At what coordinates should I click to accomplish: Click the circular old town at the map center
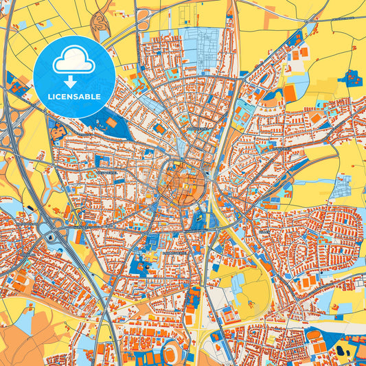(x=182, y=183)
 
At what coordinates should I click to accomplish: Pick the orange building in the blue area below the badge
(x=110, y=123)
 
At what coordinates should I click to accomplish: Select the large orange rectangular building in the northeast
(x=291, y=91)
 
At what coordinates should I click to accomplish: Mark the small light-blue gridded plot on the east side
(x=341, y=186)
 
